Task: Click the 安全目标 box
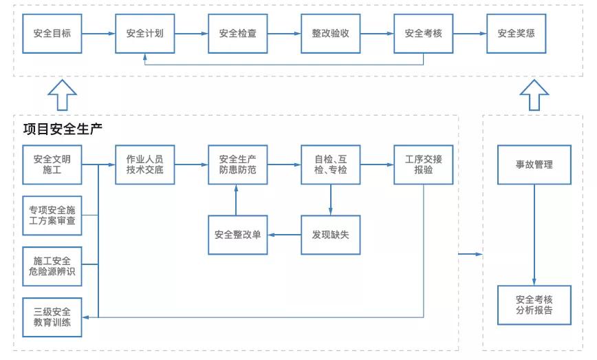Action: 52,33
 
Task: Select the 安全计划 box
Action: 144,33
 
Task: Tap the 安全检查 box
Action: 238,33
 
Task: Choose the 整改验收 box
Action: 330,33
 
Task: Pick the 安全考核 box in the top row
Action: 423,33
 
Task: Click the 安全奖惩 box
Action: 516,33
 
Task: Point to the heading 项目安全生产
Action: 63,129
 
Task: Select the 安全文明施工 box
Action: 52,165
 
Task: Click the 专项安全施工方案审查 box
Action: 52,215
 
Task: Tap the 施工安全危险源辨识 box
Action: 52,266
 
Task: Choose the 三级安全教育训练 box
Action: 52,317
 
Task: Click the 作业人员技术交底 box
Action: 144,165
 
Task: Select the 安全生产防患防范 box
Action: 238,165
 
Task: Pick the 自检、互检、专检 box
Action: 330,165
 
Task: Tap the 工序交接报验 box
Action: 423,165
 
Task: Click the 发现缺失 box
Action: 330,235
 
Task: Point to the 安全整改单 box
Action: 238,235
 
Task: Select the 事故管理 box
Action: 534,165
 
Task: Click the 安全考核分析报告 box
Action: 534,305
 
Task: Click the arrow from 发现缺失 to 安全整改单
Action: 284,235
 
